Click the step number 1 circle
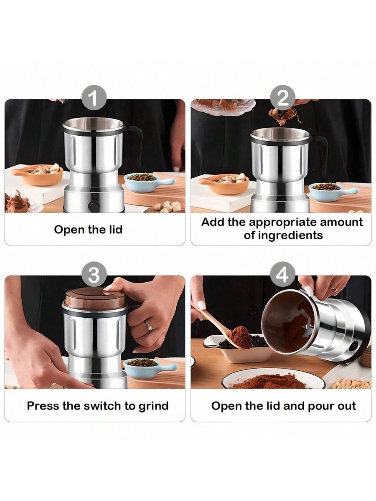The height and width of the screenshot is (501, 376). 94,98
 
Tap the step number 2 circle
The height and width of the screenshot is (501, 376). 283,98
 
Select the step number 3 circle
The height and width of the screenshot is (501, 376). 94,274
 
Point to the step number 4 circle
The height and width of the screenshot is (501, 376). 283,274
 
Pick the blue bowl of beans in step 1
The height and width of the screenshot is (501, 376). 146,182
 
